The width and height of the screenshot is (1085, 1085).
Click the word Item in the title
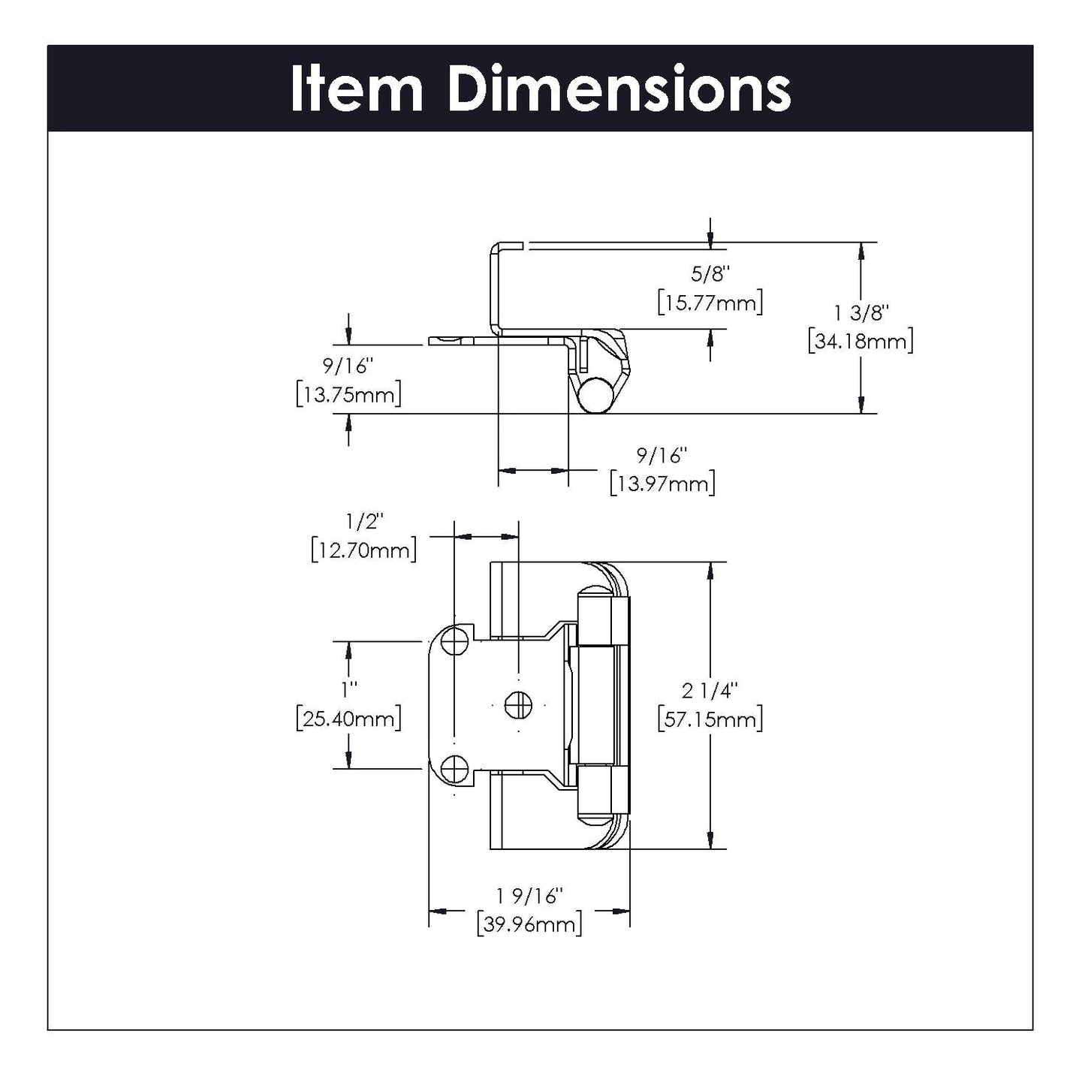click(x=356, y=89)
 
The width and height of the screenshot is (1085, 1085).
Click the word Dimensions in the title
click(x=619, y=89)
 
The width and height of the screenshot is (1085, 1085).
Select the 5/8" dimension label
click(x=710, y=274)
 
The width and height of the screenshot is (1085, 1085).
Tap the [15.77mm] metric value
click(x=710, y=303)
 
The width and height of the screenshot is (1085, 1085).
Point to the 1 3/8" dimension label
click(x=860, y=312)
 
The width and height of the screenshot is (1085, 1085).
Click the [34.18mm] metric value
click(x=860, y=342)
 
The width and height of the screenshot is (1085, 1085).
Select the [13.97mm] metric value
click(x=662, y=484)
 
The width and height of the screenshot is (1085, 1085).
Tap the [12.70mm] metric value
click(x=364, y=550)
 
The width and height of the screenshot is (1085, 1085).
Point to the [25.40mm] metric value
click(x=348, y=719)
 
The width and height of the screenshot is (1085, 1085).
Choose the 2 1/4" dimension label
click(x=710, y=690)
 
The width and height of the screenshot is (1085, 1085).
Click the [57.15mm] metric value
click(x=710, y=720)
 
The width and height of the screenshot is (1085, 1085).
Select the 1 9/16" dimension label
click(x=529, y=896)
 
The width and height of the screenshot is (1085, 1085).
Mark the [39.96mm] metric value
click(x=529, y=925)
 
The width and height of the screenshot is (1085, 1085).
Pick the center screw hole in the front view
click(x=517, y=704)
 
